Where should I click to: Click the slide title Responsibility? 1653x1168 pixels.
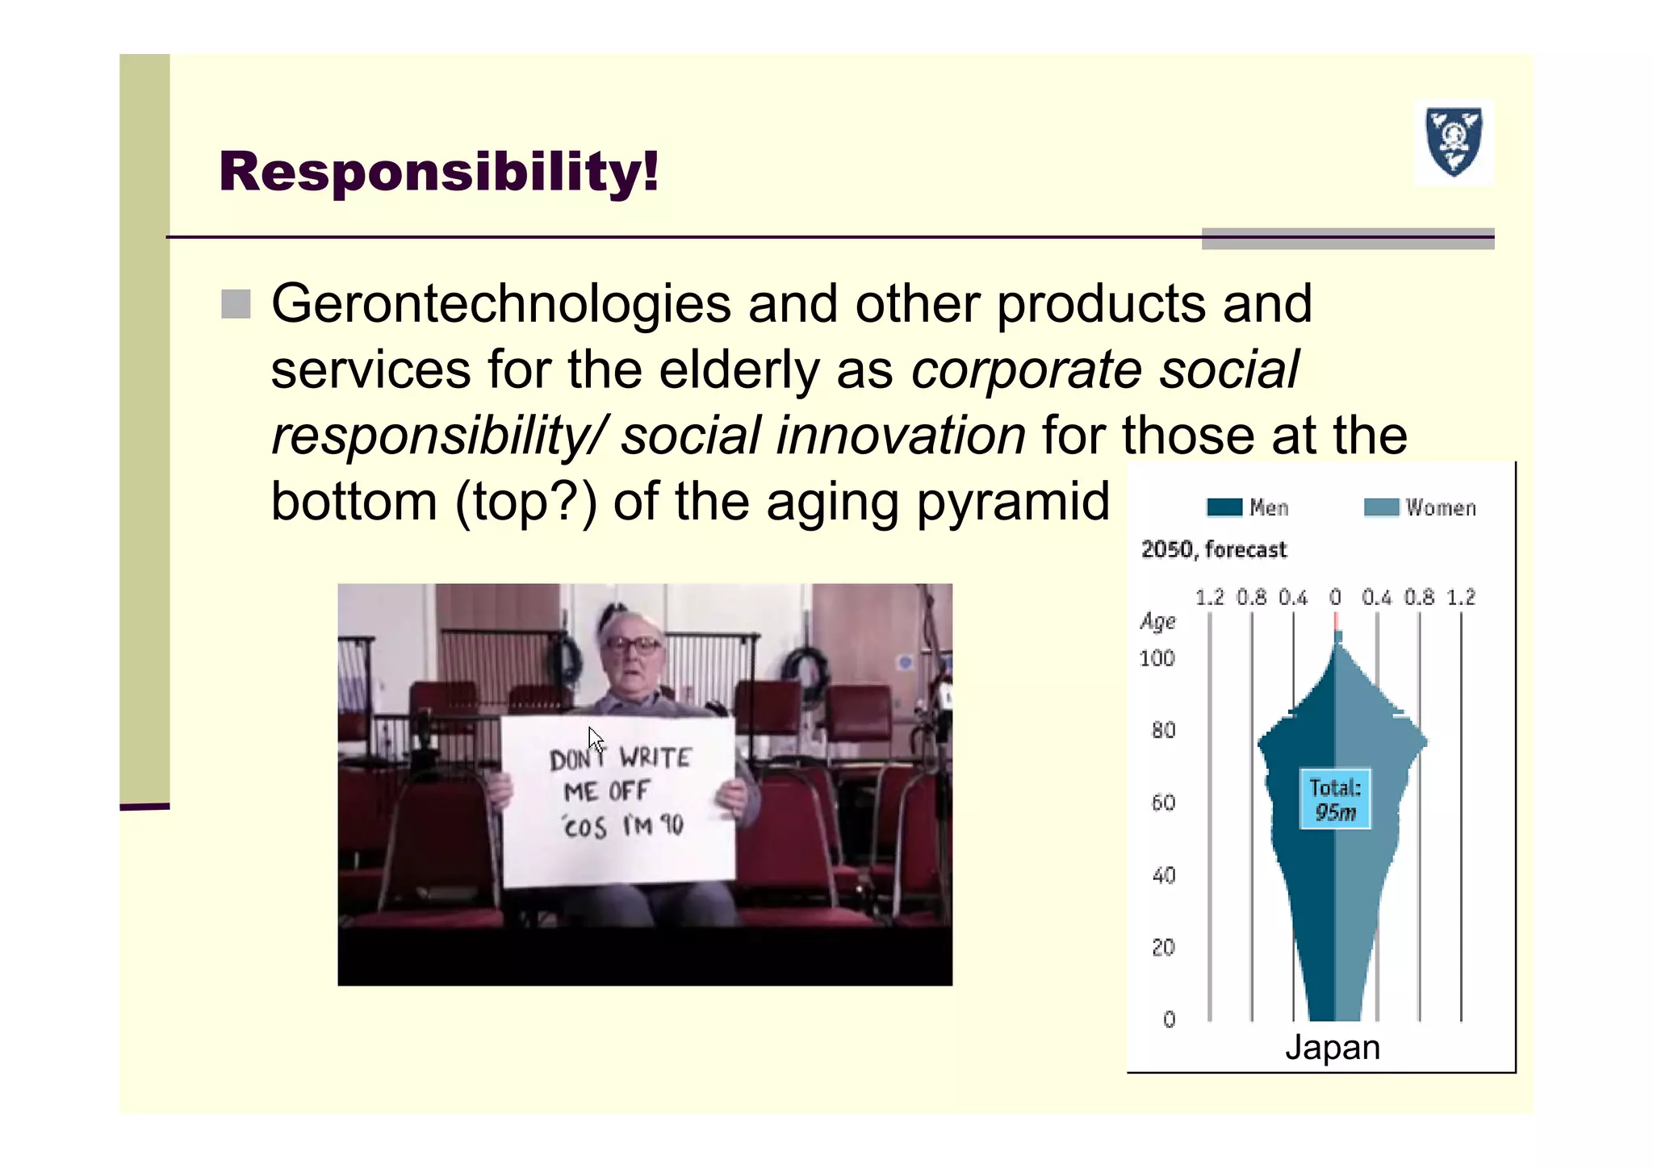[438, 172]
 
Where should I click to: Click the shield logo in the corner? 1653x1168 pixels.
[1454, 142]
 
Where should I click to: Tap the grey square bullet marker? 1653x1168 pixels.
[236, 304]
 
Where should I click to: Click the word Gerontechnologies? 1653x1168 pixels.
[500, 305]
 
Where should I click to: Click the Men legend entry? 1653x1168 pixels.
[1248, 507]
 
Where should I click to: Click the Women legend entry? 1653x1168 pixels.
[1421, 507]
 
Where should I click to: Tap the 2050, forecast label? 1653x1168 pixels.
[1213, 550]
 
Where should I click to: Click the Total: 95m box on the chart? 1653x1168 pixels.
[1335, 799]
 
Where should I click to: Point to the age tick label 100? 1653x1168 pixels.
[1157, 659]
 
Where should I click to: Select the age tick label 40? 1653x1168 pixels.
[1163, 875]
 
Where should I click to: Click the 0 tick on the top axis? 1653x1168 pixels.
[1335, 598]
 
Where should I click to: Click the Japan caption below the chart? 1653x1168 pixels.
[1333, 1047]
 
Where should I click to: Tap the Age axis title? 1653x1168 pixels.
[1157, 621]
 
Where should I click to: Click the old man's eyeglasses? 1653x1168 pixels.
[633, 644]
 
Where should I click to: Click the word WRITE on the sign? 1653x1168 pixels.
[655, 757]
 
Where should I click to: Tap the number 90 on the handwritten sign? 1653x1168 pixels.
[671, 824]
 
